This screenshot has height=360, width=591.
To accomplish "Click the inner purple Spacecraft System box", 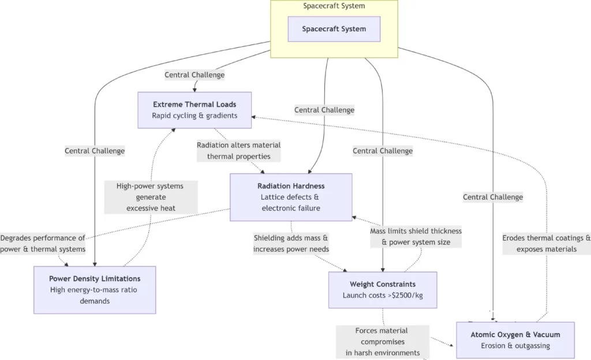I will [x=334, y=29].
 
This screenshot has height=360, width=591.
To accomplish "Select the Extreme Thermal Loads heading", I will [x=194, y=104].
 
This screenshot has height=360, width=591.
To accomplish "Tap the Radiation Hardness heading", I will [x=291, y=186].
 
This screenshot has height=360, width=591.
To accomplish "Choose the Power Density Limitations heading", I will [x=95, y=279].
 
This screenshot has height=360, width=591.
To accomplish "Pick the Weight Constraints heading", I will [x=383, y=284].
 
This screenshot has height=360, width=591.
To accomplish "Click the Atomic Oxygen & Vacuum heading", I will [x=515, y=335].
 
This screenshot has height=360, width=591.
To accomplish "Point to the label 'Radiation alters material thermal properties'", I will [x=239, y=151].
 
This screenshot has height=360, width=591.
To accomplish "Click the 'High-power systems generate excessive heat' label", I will [x=151, y=197].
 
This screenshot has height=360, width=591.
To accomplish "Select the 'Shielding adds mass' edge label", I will [x=291, y=243].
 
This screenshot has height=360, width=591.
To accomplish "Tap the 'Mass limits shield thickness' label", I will [x=416, y=237].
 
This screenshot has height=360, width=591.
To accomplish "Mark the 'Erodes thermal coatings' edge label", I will [x=546, y=243].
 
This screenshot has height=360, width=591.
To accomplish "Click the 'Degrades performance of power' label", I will [x=43, y=243].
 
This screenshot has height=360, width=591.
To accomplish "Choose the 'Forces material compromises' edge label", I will [x=381, y=342].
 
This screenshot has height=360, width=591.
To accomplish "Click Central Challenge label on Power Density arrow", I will [x=95, y=151].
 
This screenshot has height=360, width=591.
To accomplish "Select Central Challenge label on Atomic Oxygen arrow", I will [x=493, y=197].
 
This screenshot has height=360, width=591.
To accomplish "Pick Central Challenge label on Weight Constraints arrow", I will [x=383, y=151].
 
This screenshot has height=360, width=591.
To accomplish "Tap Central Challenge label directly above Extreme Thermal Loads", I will [x=194, y=75].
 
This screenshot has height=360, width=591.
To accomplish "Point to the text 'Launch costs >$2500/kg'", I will [x=383, y=296].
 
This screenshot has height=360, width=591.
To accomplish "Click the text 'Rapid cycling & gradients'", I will [x=194, y=115].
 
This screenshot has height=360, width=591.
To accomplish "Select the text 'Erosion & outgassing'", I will [x=515, y=346].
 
